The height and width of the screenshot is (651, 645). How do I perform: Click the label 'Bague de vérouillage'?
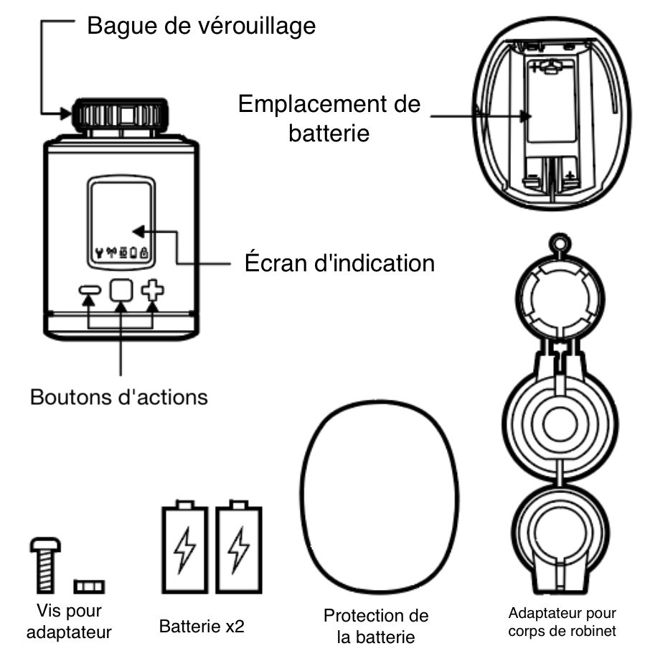tap(201, 27)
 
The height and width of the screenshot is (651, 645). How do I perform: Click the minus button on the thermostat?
tap(90, 291)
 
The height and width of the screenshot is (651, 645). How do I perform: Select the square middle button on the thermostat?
tap(121, 290)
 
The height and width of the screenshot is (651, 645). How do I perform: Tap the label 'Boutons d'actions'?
tap(119, 396)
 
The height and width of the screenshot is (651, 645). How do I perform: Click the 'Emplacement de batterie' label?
tap(329, 118)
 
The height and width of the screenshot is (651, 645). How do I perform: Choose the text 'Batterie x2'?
tap(202, 626)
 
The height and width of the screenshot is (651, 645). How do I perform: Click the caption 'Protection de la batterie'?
tap(376, 626)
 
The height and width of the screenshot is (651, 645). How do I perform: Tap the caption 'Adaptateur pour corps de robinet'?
tap(562, 622)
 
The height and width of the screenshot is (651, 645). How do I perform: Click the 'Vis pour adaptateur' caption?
tap(68, 622)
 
